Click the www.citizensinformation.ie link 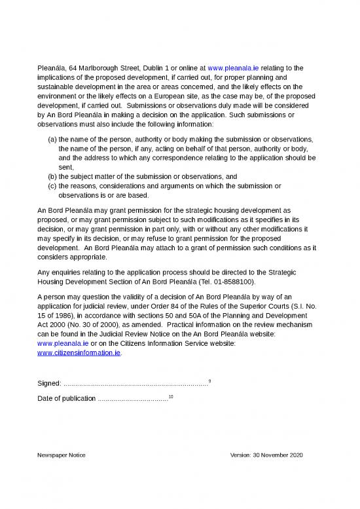tap(80, 352)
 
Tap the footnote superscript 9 tap(209, 381)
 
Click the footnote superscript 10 tap(171, 397)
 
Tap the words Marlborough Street tap(99, 67)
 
